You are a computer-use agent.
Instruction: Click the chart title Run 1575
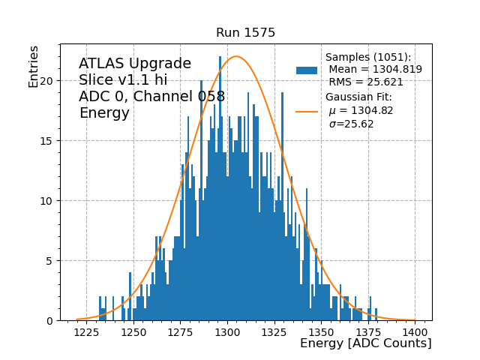(x=245, y=33)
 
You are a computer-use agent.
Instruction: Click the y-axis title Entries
(x=34, y=66)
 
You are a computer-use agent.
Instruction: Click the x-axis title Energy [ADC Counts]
(x=365, y=343)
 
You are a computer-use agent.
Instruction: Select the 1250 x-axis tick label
(x=133, y=332)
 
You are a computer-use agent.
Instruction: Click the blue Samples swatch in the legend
(x=307, y=70)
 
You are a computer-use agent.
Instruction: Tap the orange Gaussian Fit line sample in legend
(x=307, y=111)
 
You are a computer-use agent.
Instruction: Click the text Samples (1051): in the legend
(x=368, y=58)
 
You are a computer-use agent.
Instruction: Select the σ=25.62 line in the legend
(x=352, y=124)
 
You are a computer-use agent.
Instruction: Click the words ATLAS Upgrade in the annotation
(x=135, y=64)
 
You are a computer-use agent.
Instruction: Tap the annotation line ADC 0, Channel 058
(x=151, y=97)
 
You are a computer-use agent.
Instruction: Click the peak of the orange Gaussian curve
(x=236, y=56)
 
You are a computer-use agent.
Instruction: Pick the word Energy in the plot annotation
(x=104, y=113)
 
